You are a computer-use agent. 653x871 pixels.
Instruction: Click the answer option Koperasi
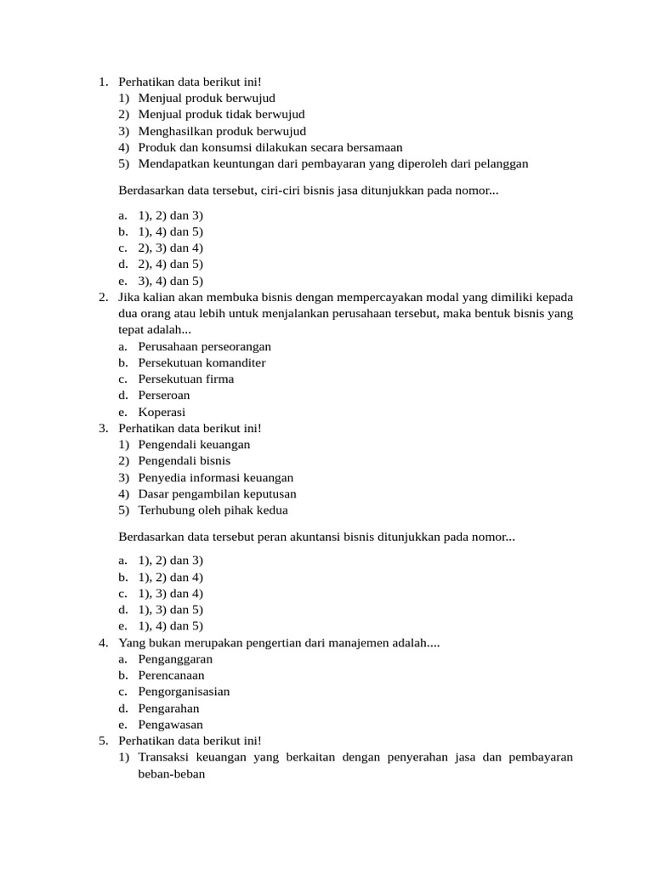click(162, 412)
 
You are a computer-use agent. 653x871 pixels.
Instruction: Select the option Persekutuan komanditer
click(202, 362)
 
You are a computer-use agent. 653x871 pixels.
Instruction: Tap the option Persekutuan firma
click(185, 379)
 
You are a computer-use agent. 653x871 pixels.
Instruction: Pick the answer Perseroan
click(164, 395)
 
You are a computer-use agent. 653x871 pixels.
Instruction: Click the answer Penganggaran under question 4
click(175, 658)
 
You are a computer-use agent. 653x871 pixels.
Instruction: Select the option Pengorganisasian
click(184, 692)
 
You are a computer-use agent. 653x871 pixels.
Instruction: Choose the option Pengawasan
click(170, 725)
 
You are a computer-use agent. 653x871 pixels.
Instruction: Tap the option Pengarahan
click(168, 708)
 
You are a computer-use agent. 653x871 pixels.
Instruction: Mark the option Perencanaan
click(171, 675)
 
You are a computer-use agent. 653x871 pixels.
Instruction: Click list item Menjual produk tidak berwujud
click(221, 114)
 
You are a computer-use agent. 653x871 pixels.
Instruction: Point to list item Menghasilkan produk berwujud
click(222, 131)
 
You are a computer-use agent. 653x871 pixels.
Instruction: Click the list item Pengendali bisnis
click(184, 460)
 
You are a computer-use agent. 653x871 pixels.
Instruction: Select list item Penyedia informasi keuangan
click(215, 477)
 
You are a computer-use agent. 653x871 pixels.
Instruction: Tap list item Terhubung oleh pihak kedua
click(213, 510)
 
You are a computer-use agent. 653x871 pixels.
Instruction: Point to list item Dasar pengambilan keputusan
click(217, 493)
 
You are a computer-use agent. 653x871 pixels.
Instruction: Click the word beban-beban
click(172, 774)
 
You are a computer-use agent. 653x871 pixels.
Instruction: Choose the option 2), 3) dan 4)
click(170, 248)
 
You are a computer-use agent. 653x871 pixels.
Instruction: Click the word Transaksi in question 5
click(167, 757)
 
